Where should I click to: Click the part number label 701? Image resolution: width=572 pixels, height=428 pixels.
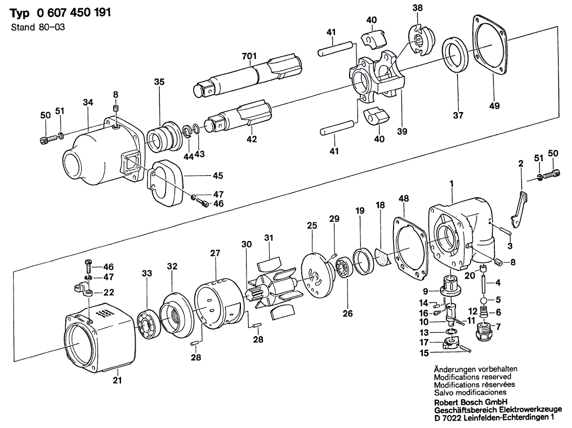[x=248, y=56]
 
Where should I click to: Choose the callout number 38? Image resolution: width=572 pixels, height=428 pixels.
[x=416, y=8]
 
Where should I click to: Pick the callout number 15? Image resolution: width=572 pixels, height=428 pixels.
[x=423, y=353]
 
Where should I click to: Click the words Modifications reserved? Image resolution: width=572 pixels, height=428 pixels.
[x=472, y=377]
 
